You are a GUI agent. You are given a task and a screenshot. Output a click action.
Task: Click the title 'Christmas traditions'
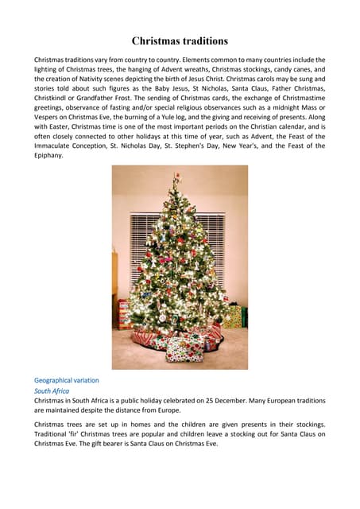(180, 41)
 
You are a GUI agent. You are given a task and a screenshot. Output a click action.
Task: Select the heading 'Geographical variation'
(67, 380)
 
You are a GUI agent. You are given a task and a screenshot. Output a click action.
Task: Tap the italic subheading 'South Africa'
(52, 391)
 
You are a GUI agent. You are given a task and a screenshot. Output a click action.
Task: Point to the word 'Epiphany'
(49, 155)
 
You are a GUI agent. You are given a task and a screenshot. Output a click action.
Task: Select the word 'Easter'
(71, 136)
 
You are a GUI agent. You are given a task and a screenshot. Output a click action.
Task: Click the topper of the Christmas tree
(177, 177)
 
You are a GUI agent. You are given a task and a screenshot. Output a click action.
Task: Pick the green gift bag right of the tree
(233, 317)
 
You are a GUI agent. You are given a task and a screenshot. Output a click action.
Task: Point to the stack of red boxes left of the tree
(124, 313)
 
